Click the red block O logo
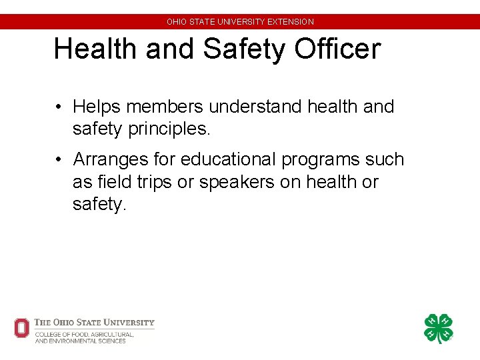coord(22,328)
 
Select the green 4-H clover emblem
coord(438,329)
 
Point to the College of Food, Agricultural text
coord(85,334)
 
